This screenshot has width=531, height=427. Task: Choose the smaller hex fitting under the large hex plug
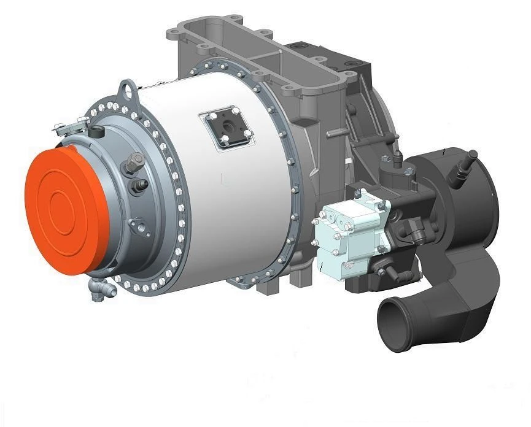(x=139, y=184)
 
